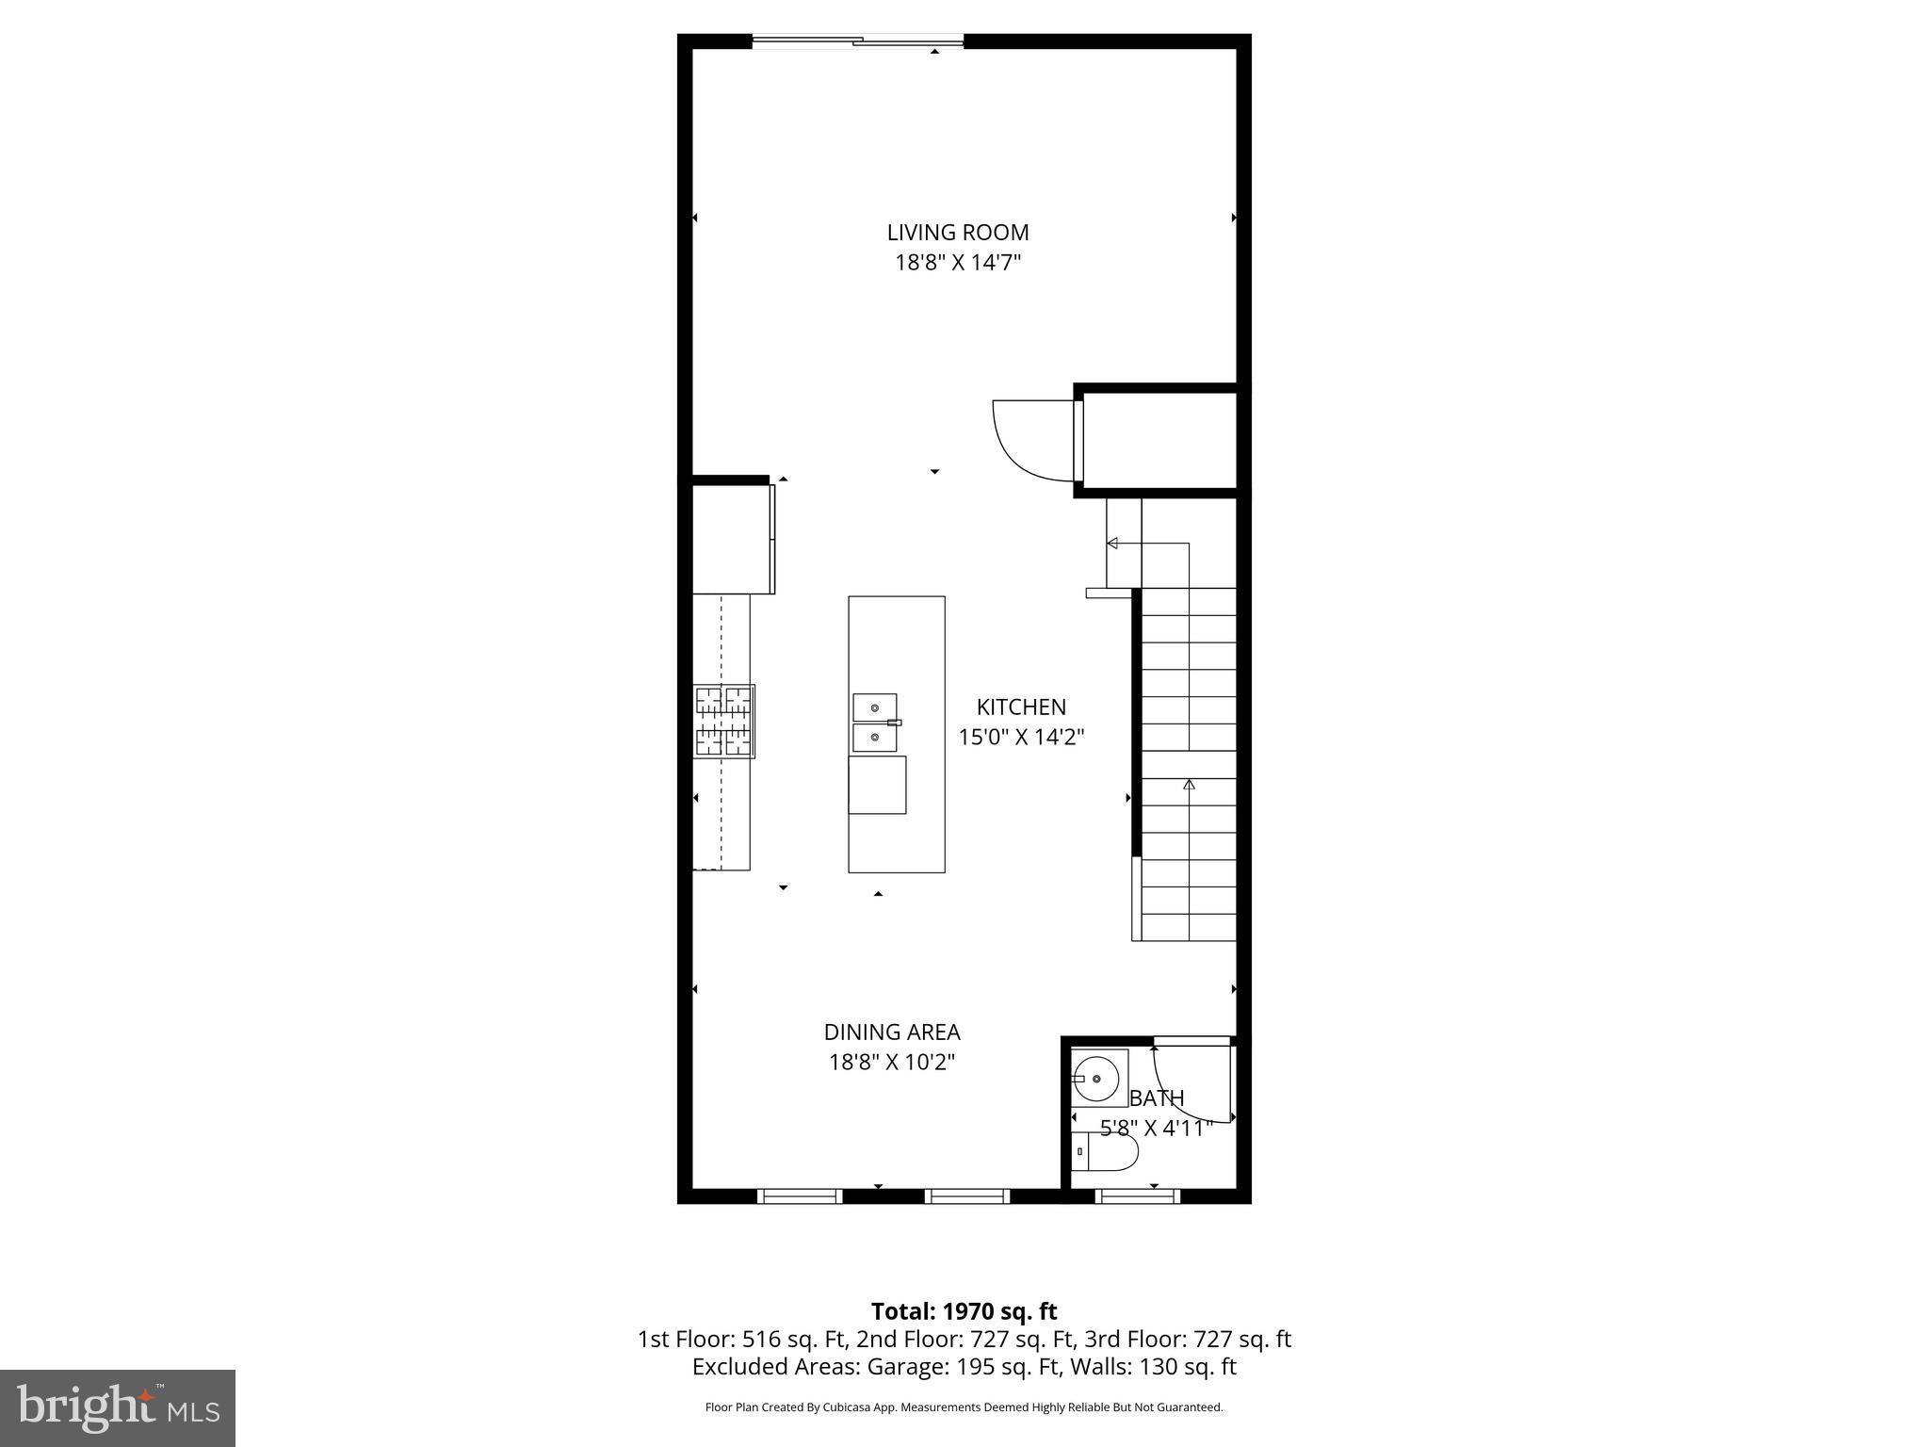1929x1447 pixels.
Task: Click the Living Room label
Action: (x=957, y=232)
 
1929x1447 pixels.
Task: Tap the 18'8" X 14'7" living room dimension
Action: (x=957, y=262)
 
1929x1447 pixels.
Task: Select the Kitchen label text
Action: (x=1021, y=707)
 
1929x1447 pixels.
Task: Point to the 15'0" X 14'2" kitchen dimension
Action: (x=1021, y=737)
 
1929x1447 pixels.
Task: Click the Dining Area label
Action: (x=891, y=1032)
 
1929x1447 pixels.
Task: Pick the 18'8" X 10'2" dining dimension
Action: (x=891, y=1062)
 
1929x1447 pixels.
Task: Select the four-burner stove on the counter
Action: (x=724, y=722)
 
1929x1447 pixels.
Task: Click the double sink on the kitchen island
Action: (x=874, y=722)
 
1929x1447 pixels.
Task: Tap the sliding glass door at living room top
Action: (x=857, y=41)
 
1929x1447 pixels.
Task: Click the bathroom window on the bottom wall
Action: (x=1138, y=1196)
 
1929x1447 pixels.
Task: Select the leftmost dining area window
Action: (x=800, y=1196)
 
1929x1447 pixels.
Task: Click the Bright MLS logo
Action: (x=118, y=1407)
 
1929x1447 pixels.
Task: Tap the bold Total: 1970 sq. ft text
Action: (x=964, y=1311)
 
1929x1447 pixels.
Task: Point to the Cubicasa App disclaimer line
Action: (x=964, y=1407)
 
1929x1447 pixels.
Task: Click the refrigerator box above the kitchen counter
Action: (x=732, y=539)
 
